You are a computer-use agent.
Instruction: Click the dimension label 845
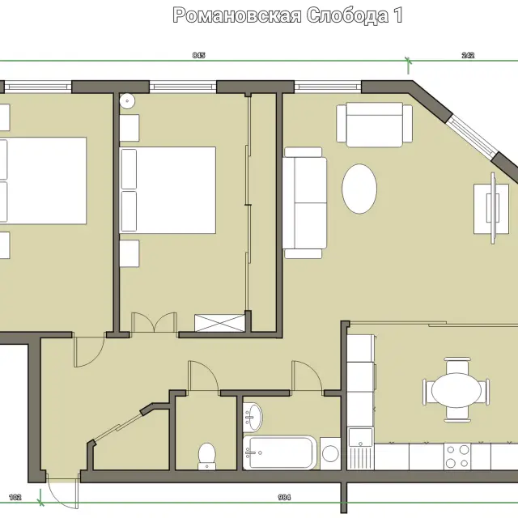tap(199, 55)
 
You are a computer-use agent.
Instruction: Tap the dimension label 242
tap(468, 55)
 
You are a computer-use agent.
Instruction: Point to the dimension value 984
tap(284, 497)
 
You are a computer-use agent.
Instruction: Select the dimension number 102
tap(15, 497)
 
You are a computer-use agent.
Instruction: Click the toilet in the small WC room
tap(207, 456)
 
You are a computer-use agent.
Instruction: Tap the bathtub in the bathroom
tap(279, 452)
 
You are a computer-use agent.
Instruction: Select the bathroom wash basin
tap(253, 418)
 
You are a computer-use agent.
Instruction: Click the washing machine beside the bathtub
tap(330, 453)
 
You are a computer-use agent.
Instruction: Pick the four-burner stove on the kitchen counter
tap(457, 456)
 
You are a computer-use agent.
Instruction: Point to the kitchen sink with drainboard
tap(360, 448)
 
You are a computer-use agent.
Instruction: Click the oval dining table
tap(456, 390)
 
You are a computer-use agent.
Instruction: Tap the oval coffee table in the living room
tap(359, 189)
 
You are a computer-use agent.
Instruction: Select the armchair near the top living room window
tap(374, 125)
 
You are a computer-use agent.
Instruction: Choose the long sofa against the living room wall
tap(304, 202)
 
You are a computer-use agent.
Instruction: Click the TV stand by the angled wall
tap(491, 209)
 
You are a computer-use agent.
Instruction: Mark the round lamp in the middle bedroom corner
tap(127, 100)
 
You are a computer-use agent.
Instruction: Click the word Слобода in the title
tap(347, 15)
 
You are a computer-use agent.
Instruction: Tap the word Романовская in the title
tap(237, 15)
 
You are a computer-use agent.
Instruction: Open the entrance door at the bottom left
tap(63, 491)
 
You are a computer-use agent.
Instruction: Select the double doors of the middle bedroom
tap(154, 322)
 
